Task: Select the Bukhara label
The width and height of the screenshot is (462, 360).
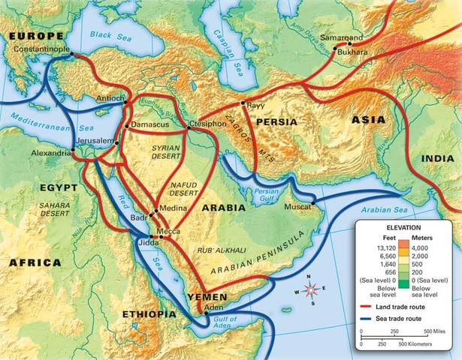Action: [353, 52]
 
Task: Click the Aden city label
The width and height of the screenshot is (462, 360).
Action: [215, 307]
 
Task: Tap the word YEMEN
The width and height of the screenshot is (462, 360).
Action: [207, 296]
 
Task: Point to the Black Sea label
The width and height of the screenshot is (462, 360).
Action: [110, 34]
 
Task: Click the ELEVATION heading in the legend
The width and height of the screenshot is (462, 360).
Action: [405, 226]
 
